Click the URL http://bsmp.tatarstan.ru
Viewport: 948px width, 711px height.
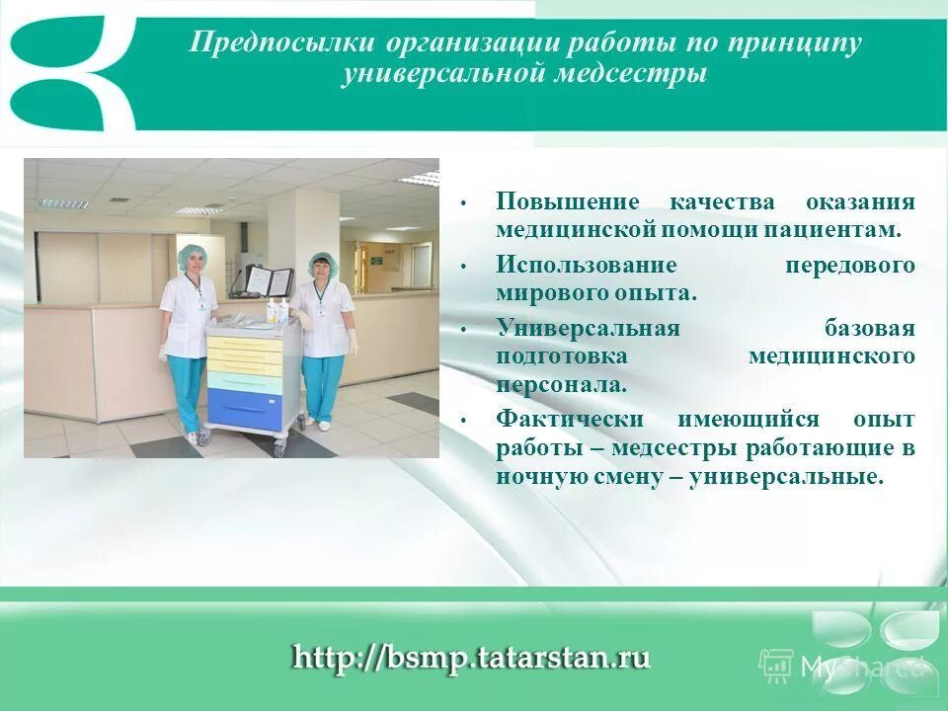[471, 658]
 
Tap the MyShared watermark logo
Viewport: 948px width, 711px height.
[839, 665]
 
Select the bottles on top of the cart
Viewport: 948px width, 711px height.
[277, 311]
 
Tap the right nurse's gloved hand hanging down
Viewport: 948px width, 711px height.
[354, 346]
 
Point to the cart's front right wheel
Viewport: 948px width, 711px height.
[278, 448]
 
